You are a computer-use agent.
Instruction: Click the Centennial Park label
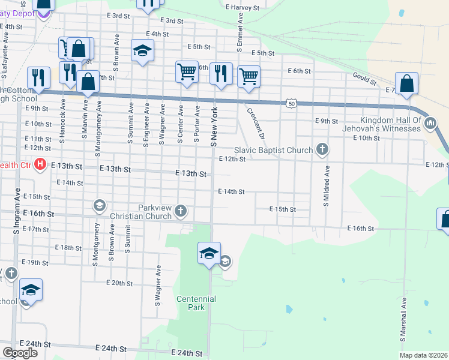click(196, 303)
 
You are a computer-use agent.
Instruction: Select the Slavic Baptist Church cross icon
click(322, 149)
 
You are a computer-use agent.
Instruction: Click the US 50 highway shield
click(291, 103)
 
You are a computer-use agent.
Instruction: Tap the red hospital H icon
click(40, 164)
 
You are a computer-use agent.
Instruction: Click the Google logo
click(20, 353)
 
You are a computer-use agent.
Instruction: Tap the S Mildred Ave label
click(327, 187)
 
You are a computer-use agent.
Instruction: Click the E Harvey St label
click(242, 8)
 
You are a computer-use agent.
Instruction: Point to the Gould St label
click(364, 79)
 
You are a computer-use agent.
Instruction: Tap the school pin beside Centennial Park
click(209, 254)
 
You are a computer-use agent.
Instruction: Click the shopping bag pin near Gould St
click(406, 84)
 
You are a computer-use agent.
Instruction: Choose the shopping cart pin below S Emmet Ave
click(248, 77)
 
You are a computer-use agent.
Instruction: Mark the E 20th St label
click(119, 283)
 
